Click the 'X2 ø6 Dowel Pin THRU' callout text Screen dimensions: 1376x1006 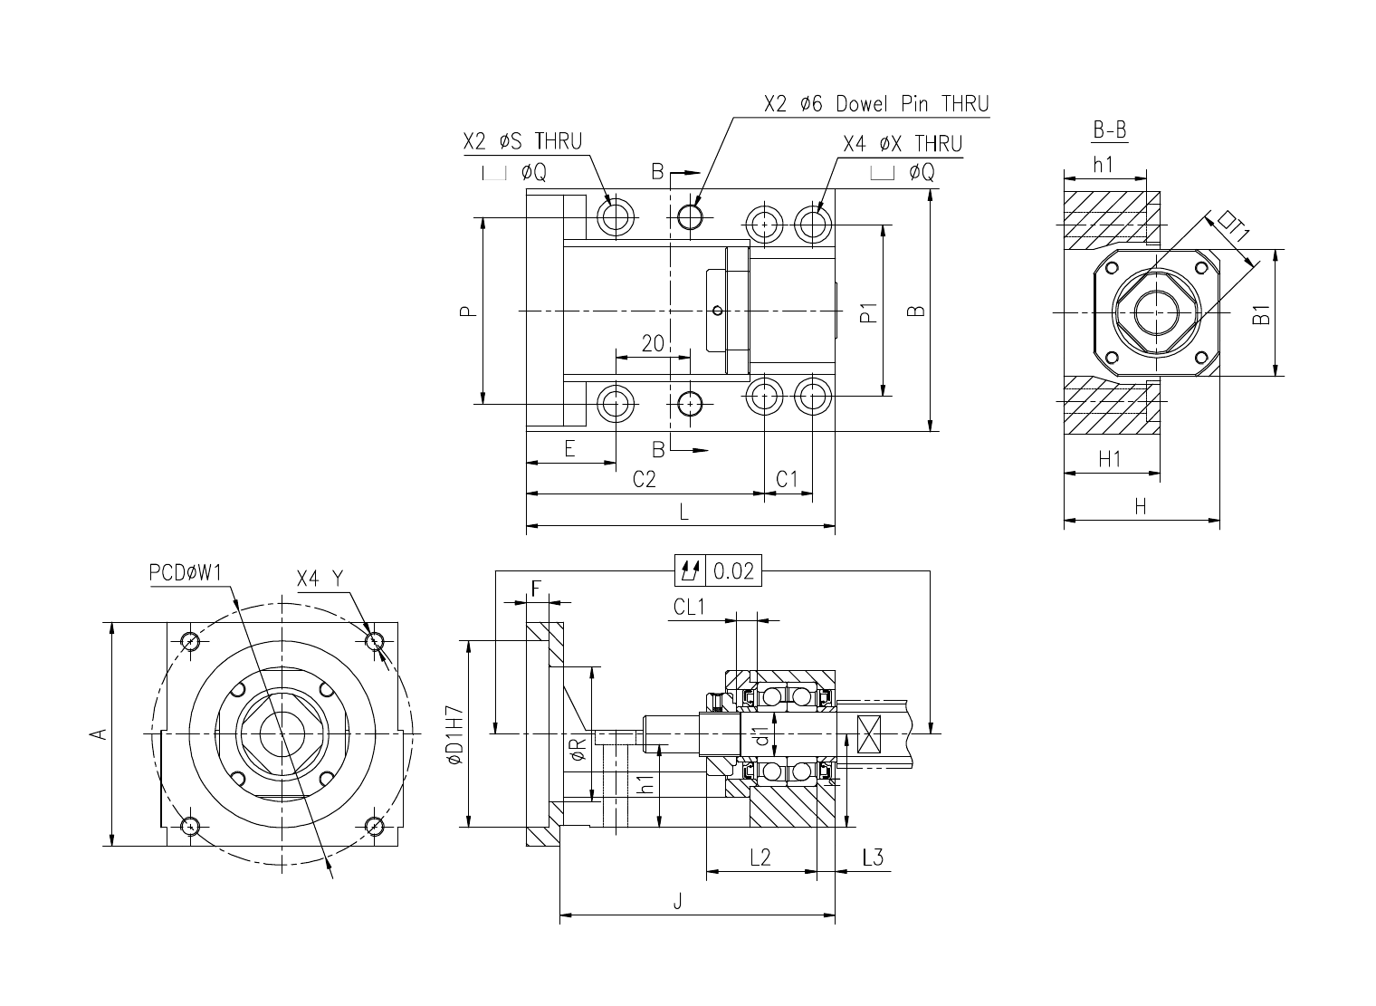pos(876,104)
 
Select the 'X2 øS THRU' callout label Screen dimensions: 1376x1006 pos(522,141)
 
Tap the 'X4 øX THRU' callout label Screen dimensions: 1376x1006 pos(903,144)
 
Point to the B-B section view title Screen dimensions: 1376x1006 pos(1110,129)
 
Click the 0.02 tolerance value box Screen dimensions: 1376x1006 pos(733,570)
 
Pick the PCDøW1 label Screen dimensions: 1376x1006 pos(186,573)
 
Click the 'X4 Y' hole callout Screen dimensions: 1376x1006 pos(320,579)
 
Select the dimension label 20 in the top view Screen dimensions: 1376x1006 pos(653,343)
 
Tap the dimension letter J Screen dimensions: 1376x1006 pos(677,902)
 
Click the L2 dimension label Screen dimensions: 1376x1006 pos(760,857)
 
